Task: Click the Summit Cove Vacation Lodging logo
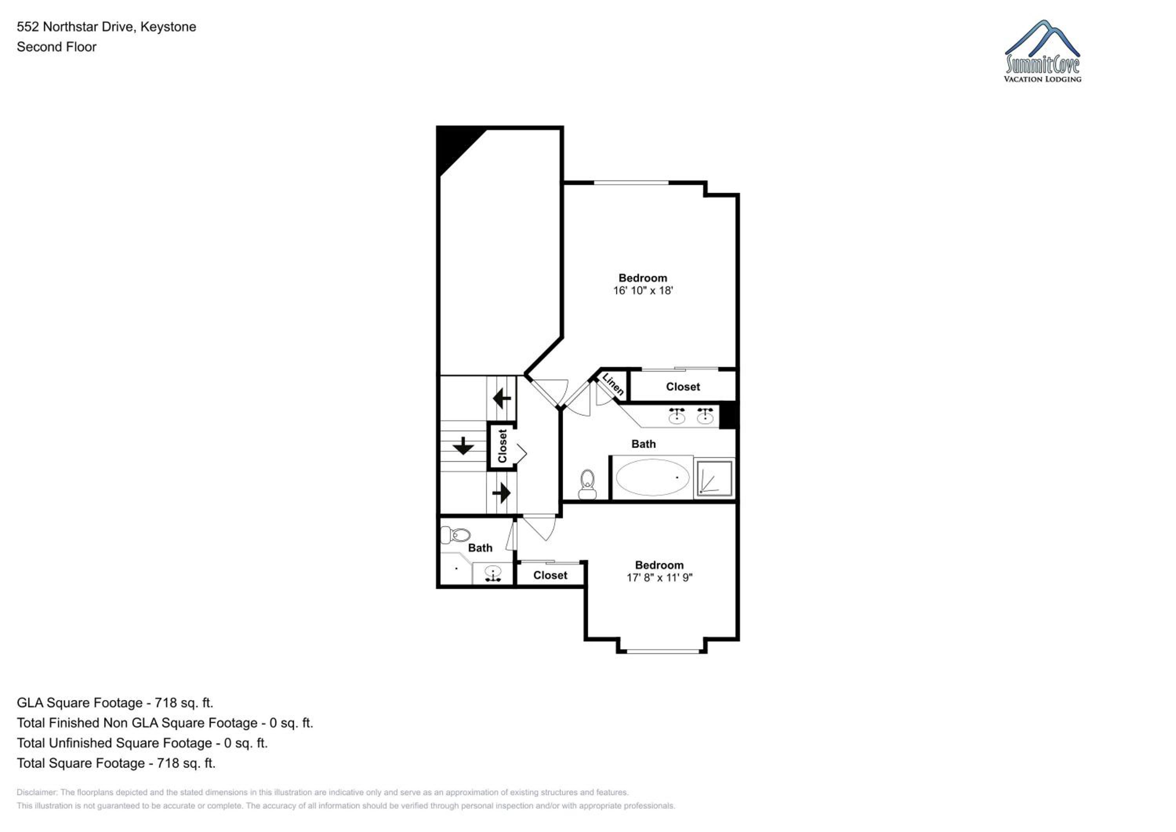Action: pos(1042,51)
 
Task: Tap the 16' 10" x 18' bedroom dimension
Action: pos(643,291)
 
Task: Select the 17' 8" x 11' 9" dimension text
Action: pos(659,578)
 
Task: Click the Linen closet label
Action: pos(613,384)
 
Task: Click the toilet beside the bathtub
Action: pos(587,484)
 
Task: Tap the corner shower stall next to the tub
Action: pos(714,478)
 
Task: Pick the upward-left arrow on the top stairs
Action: pos(501,398)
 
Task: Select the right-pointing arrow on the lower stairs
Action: pos(501,493)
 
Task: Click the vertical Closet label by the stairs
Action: pos(503,446)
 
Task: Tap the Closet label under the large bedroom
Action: pos(683,387)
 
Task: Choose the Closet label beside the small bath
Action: pos(550,575)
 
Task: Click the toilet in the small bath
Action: pos(456,535)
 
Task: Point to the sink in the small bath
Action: pos(493,573)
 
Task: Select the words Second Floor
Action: pos(56,47)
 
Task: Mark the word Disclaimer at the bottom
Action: pos(36,792)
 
